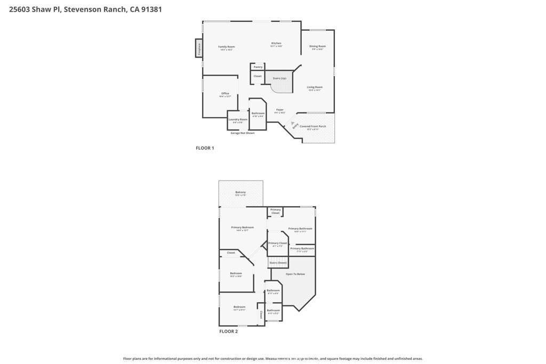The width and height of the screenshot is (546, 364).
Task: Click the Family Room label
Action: (x=227, y=47)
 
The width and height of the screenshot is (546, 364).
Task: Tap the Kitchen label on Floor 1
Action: (x=276, y=43)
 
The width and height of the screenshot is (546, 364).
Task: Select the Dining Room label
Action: (x=318, y=46)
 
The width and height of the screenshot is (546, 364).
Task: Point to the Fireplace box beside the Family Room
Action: (x=199, y=48)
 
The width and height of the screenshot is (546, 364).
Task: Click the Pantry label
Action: (x=258, y=67)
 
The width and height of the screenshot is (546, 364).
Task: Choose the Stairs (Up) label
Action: (x=279, y=78)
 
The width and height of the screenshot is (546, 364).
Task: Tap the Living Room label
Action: (x=315, y=87)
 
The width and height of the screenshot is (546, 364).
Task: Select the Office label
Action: (x=225, y=93)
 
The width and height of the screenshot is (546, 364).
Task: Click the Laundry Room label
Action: (x=238, y=119)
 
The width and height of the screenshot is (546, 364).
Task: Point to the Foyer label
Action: (x=280, y=110)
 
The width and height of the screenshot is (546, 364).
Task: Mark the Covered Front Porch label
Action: (x=313, y=126)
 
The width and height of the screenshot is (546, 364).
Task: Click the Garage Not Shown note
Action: (x=243, y=133)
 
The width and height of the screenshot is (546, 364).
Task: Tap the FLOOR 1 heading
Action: (x=205, y=148)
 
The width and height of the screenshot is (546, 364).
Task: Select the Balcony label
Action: (x=240, y=192)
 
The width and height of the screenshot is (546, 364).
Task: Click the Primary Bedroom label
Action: (x=243, y=228)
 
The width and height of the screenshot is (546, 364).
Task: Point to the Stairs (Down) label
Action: (x=278, y=263)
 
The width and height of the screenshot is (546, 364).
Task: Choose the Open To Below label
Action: (x=295, y=274)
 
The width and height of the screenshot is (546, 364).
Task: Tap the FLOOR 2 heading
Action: (x=228, y=331)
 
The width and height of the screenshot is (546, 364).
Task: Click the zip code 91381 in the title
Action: (x=152, y=9)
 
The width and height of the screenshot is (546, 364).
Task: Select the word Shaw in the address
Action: (x=41, y=9)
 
